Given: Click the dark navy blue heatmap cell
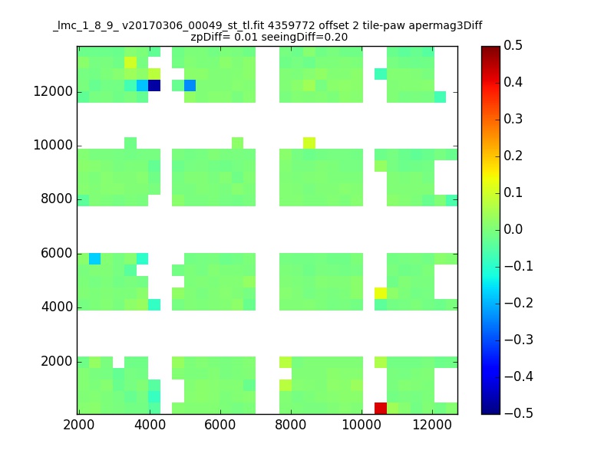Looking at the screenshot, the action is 154,85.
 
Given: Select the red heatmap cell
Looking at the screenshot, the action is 381,409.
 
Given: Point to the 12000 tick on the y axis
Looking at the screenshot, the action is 53,91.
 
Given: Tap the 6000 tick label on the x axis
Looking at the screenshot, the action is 220,425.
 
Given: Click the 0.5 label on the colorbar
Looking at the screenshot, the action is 513,45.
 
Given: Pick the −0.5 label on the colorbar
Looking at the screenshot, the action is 519,413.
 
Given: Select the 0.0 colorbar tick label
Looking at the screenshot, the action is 513,229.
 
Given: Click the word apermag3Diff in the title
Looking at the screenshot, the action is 445,26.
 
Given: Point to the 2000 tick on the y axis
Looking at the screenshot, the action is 57,361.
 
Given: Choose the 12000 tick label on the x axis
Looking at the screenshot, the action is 432,425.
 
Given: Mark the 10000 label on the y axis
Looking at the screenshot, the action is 53,146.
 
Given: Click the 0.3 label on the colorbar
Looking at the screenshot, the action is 513,119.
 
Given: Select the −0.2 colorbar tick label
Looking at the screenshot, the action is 519,303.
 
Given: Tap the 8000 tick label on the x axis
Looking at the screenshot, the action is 291,425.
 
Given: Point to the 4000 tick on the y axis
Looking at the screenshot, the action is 57,307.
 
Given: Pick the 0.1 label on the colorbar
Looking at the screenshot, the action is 513,192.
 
